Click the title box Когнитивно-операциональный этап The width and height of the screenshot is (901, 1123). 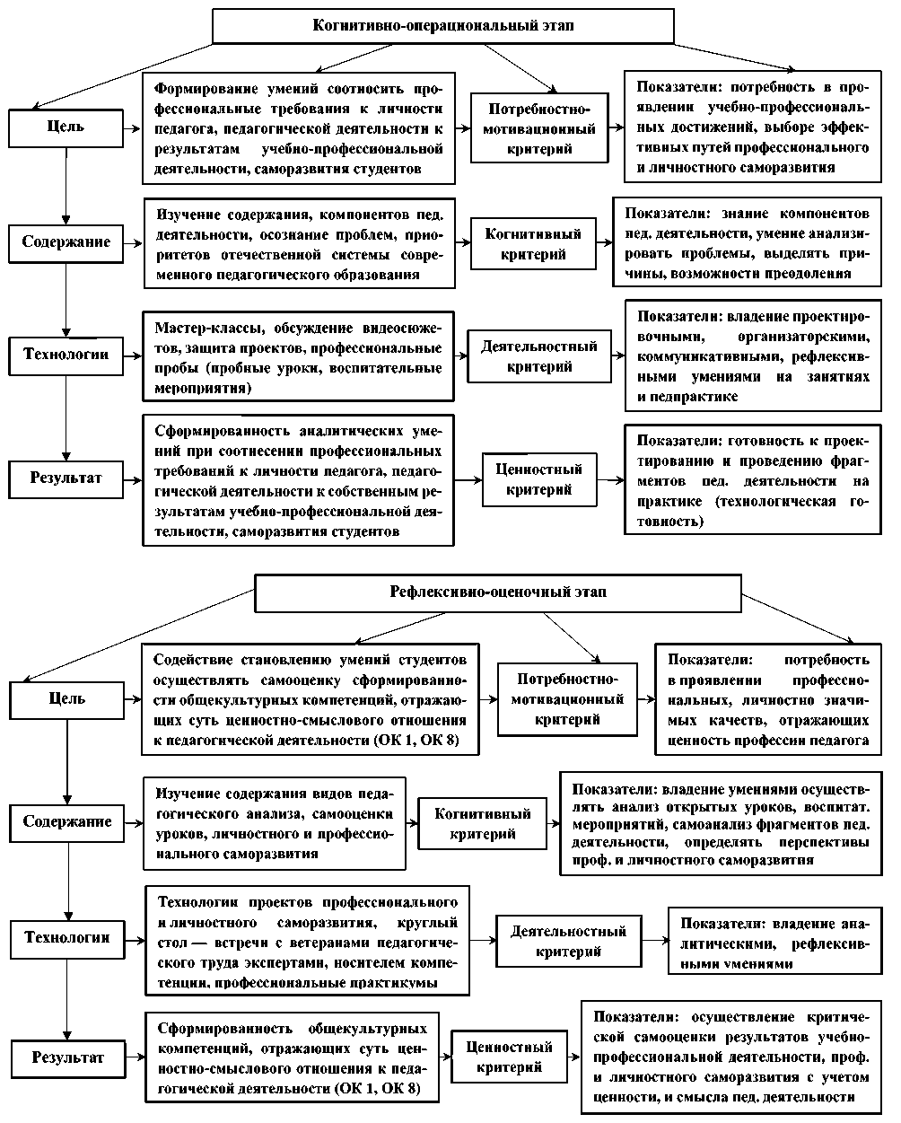tap(442, 26)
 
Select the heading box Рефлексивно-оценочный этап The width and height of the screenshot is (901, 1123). tap(498, 592)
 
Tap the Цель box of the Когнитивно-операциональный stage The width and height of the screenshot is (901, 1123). tap(66, 127)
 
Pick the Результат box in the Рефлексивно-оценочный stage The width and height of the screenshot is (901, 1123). tap(68, 1057)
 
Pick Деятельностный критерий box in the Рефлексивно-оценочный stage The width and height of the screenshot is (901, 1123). tap(569, 941)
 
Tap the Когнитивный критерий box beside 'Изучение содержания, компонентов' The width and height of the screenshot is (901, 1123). tap(533, 243)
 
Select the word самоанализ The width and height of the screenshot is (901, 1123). tap(713, 824)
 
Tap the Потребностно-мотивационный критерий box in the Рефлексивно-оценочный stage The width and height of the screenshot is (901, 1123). tap(568, 698)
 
